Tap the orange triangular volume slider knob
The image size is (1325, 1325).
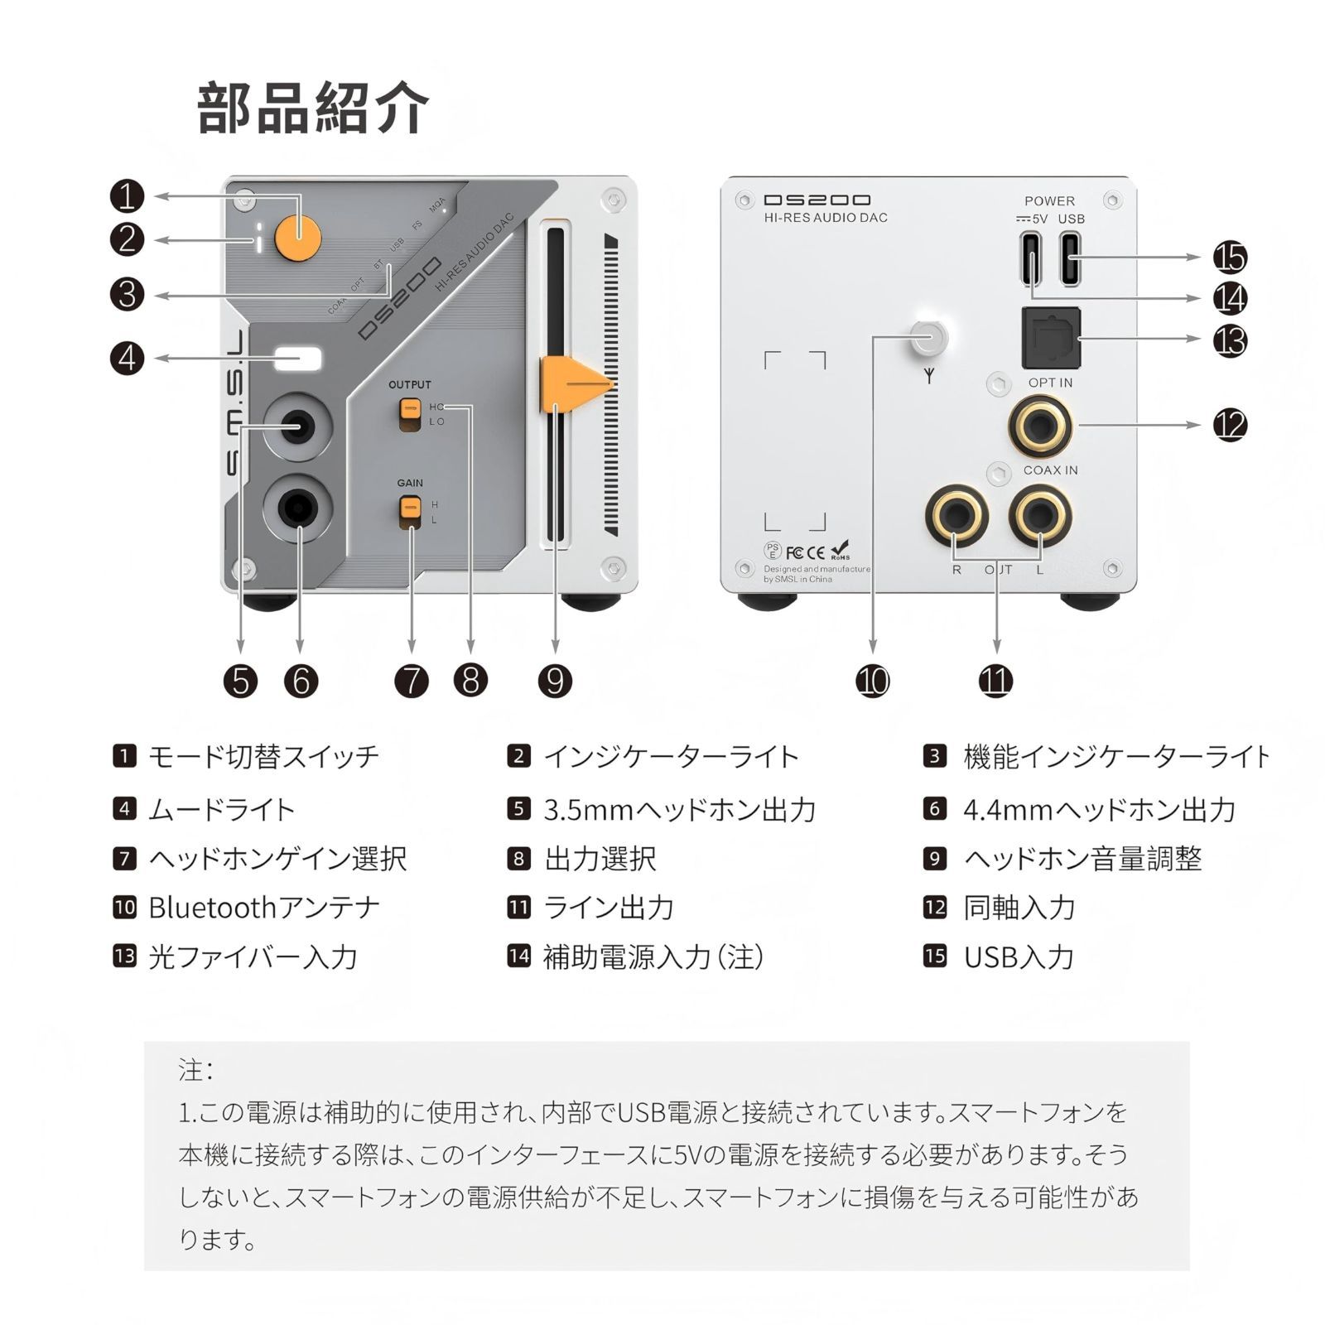(x=571, y=383)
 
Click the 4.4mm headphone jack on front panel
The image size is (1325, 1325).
(x=298, y=507)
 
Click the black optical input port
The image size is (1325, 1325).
(x=1051, y=338)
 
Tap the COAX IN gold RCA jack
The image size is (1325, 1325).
(x=1040, y=427)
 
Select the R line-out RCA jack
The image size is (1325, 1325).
(x=956, y=516)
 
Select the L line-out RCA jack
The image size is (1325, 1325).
(x=1040, y=516)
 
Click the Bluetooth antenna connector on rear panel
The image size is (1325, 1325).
(x=927, y=337)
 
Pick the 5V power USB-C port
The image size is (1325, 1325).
(x=1032, y=258)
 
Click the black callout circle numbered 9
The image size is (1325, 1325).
(x=555, y=681)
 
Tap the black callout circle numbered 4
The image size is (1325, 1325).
(x=127, y=359)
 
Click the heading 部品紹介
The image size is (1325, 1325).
(x=313, y=108)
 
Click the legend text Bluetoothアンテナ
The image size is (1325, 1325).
(x=263, y=908)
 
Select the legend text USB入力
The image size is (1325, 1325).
(x=1019, y=957)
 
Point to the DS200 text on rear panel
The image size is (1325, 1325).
(x=817, y=200)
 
